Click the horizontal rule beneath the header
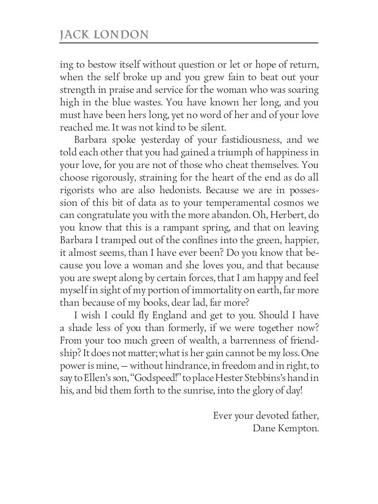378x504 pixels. pos(189,43)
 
